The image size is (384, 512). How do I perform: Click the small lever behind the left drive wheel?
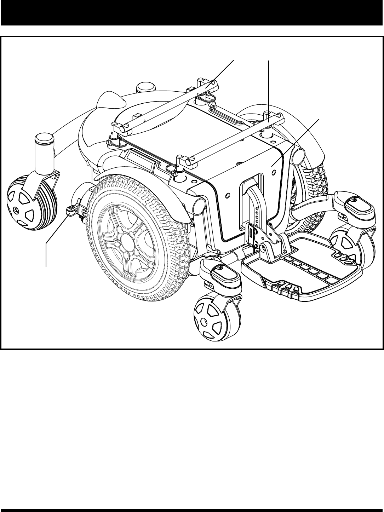(x=71, y=211)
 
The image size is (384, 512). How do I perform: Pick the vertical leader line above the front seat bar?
(x=269, y=88)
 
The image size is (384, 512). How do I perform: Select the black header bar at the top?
(x=192, y=12)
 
